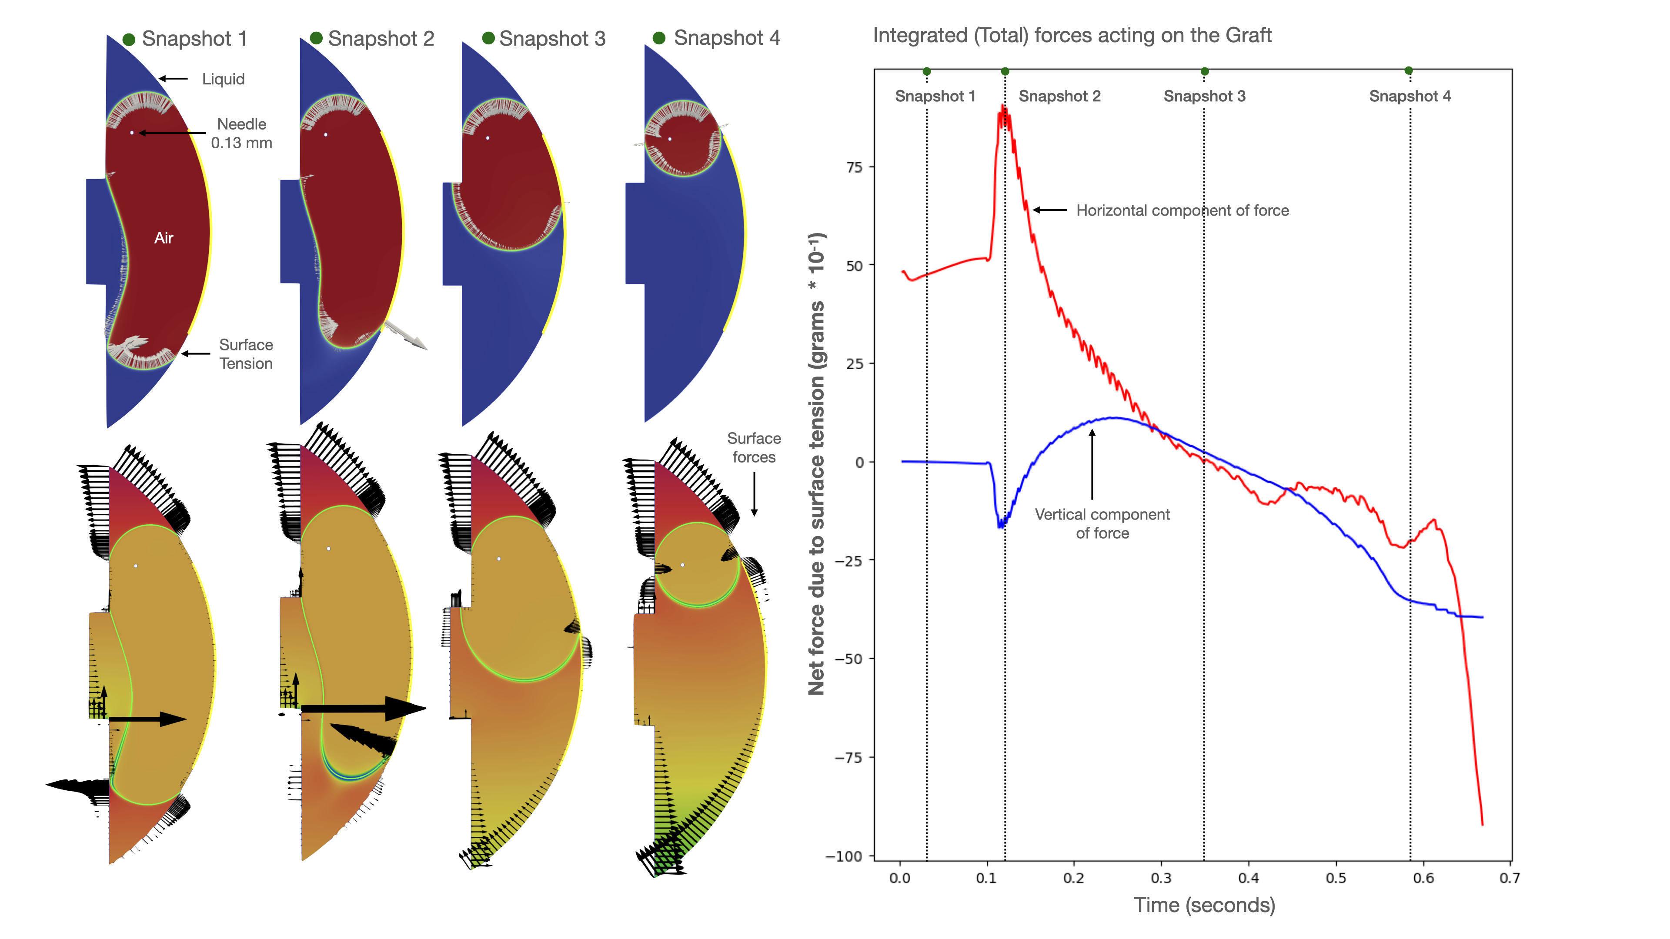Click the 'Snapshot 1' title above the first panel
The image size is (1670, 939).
194,39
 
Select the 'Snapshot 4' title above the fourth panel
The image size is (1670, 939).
727,38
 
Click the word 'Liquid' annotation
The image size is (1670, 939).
223,79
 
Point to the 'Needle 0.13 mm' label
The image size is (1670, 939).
241,133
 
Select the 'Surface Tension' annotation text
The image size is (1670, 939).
246,354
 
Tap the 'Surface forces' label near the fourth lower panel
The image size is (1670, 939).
753,448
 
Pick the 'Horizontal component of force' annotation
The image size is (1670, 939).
1182,210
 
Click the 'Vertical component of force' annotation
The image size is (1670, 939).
1102,523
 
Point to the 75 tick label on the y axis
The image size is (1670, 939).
855,168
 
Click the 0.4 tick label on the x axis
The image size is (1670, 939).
1249,879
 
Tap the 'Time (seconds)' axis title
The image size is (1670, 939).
1204,905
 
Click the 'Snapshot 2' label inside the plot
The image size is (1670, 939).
1059,97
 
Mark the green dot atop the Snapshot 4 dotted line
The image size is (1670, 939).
1409,70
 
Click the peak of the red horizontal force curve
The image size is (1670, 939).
1002,107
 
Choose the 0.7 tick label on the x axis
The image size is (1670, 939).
1509,879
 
